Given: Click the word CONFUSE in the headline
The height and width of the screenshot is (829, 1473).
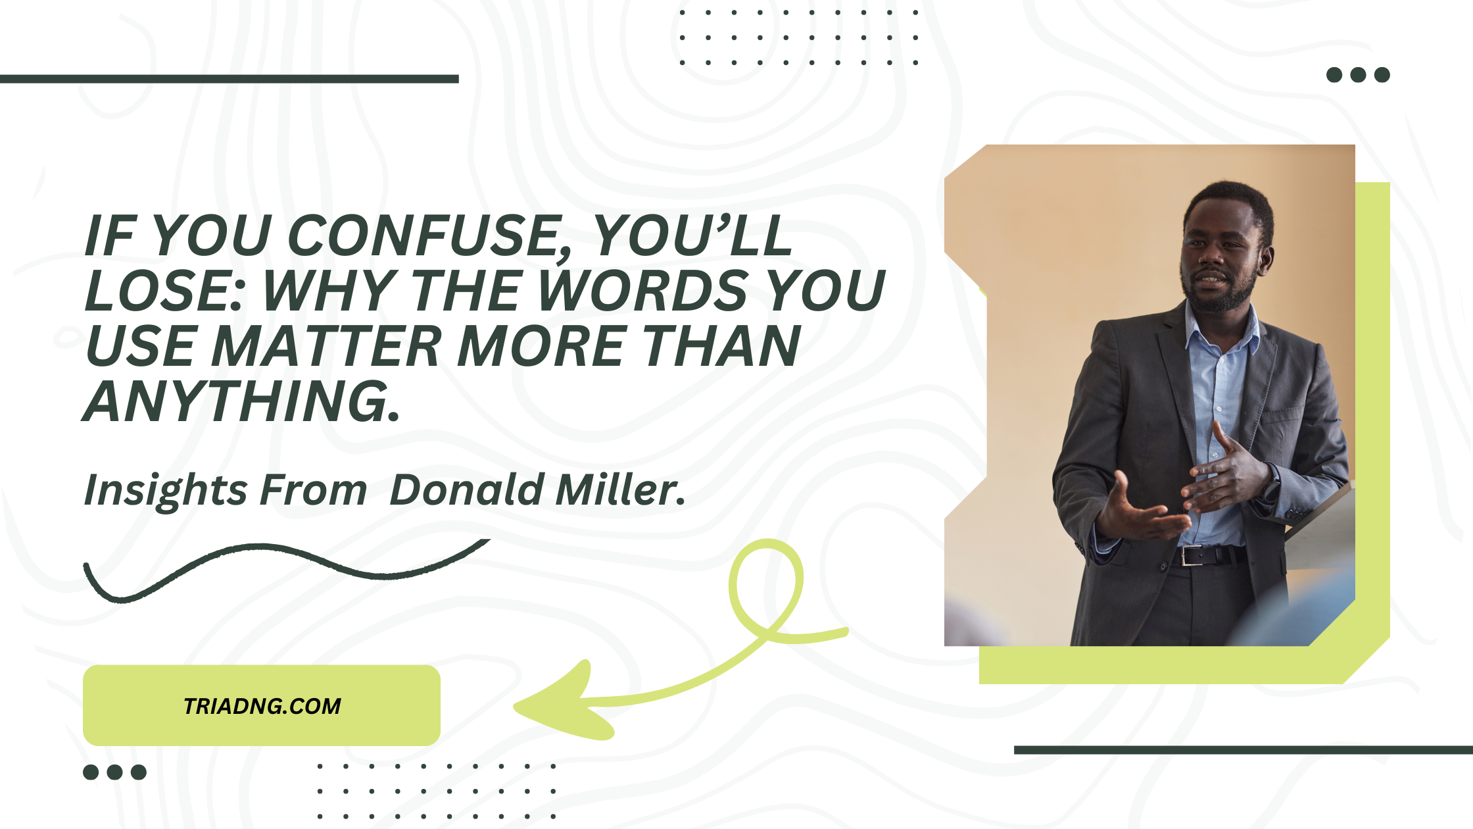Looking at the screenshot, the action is (x=429, y=235).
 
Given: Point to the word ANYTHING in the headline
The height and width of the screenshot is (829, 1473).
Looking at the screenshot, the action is (x=242, y=401).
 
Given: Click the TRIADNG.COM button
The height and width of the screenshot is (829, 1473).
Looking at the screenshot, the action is (x=262, y=705).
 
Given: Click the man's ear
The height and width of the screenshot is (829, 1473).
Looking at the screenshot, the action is (x=1266, y=260).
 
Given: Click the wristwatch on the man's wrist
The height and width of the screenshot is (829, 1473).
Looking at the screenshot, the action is (x=1272, y=486).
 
